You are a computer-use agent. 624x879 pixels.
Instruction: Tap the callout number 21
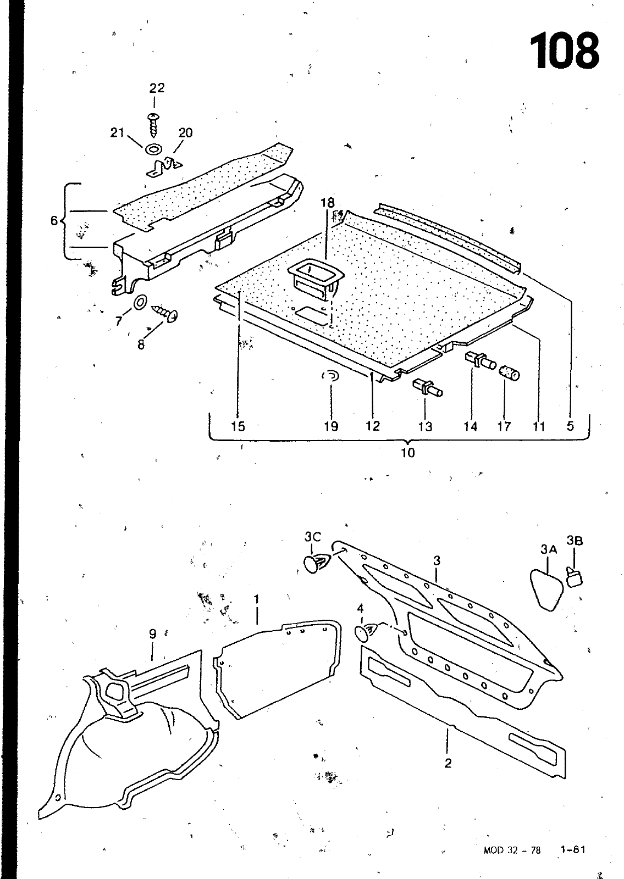pos(117,133)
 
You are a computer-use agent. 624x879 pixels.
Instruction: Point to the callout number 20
pos(186,133)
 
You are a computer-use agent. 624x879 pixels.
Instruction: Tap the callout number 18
pos(328,203)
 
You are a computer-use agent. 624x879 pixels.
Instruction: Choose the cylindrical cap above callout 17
pos(509,373)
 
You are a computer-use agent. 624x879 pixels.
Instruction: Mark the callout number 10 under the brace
pos(407,453)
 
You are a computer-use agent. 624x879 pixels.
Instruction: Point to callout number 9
pos(152,634)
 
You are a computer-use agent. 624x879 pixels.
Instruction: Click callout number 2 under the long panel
pos(448,763)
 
